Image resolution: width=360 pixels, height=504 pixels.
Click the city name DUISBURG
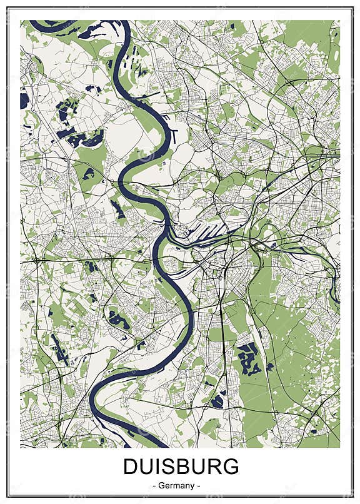point(181,466)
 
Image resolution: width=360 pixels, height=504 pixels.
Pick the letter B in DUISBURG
point(183,466)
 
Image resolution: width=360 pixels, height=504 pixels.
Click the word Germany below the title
point(181,485)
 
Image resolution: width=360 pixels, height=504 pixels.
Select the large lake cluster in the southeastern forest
point(249,358)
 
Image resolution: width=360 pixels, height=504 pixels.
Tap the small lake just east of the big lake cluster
point(270,367)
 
